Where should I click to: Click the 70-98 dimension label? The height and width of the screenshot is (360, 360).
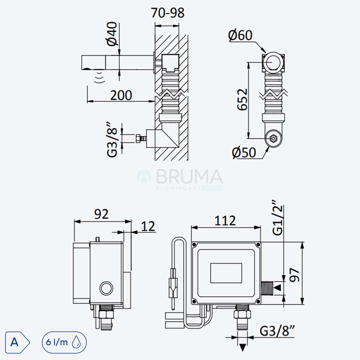[168, 13]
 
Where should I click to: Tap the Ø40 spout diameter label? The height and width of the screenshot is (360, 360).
[112, 34]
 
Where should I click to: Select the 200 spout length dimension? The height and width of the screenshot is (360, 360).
[121, 95]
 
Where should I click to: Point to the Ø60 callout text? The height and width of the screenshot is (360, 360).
[240, 35]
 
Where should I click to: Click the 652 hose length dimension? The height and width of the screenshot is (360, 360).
[242, 99]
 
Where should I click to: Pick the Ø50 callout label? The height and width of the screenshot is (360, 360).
[244, 152]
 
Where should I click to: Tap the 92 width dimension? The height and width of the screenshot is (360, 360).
[101, 214]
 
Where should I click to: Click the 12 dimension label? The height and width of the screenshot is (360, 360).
[148, 226]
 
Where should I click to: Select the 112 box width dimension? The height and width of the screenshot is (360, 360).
[225, 221]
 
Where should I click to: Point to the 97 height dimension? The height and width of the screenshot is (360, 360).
[294, 275]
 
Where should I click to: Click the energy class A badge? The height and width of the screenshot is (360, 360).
[17, 342]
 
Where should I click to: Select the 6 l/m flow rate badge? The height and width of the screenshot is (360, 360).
[64, 342]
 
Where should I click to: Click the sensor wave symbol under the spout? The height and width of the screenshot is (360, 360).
[100, 77]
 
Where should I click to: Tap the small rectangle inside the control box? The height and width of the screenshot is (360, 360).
[226, 273]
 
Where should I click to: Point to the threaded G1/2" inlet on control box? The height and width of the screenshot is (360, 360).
[266, 288]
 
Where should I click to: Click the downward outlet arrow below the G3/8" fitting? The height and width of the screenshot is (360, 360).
[243, 347]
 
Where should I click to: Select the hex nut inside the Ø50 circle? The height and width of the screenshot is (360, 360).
[273, 139]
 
